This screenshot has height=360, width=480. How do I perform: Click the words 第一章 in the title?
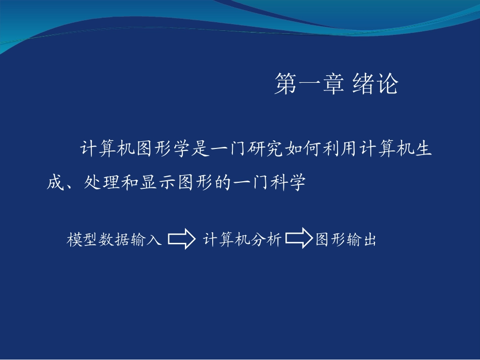[309, 84]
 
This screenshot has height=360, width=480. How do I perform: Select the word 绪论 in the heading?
[375, 84]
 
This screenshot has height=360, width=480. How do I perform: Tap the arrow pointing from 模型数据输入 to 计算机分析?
[182, 239]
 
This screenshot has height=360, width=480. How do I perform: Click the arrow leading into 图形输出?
[299, 238]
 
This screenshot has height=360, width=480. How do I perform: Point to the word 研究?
[265, 149]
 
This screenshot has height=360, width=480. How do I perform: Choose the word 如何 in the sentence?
[303, 149]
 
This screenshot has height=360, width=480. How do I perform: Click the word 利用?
[340, 149]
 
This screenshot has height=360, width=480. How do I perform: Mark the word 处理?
[102, 182]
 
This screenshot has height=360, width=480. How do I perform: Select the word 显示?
[157, 182]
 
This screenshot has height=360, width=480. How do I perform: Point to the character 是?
[200, 149]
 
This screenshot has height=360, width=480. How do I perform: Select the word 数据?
[114, 239]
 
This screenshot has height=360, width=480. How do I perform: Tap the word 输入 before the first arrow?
[146, 239]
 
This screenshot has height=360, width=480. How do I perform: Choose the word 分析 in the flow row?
[266, 239]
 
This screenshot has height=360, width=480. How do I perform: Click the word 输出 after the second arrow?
[362, 239]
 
